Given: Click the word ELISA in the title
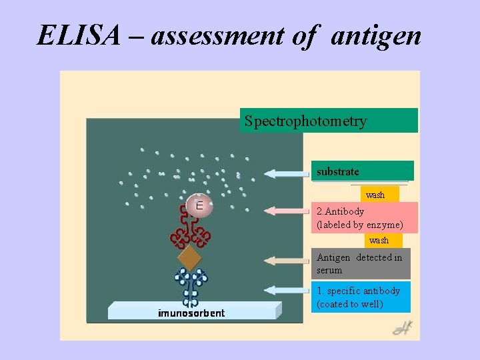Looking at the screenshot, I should click(78, 35).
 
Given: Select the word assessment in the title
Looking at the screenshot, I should click(218, 35).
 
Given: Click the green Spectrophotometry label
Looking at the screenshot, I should click(329, 121).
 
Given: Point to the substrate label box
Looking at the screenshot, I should click(362, 171).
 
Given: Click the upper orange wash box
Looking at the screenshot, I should click(375, 195).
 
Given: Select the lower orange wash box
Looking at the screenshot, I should click(379, 240).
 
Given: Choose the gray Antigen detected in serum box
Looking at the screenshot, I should click(361, 263).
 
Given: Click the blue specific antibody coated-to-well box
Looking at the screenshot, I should click(361, 297).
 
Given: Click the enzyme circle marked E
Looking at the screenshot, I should click(199, 205).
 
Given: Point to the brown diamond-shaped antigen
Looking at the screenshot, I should click(190, 257).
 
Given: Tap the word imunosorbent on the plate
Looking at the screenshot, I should click(191, 313).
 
